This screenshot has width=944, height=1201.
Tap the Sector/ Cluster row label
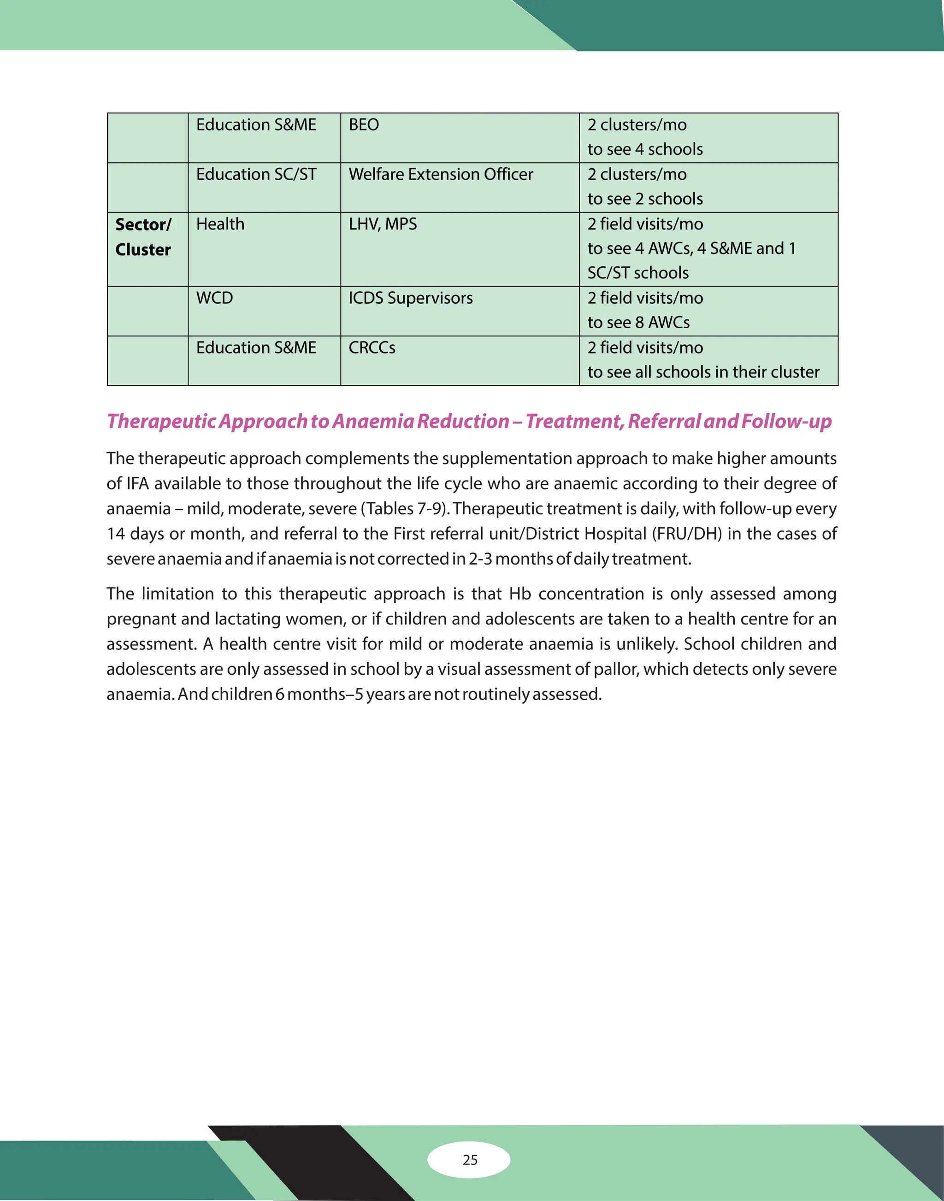coord(143,237)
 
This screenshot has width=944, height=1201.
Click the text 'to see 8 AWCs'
coord(638,323)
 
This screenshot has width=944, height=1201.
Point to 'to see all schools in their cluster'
coord(703,372)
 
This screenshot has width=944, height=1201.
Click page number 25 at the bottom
coord(470,1160)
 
